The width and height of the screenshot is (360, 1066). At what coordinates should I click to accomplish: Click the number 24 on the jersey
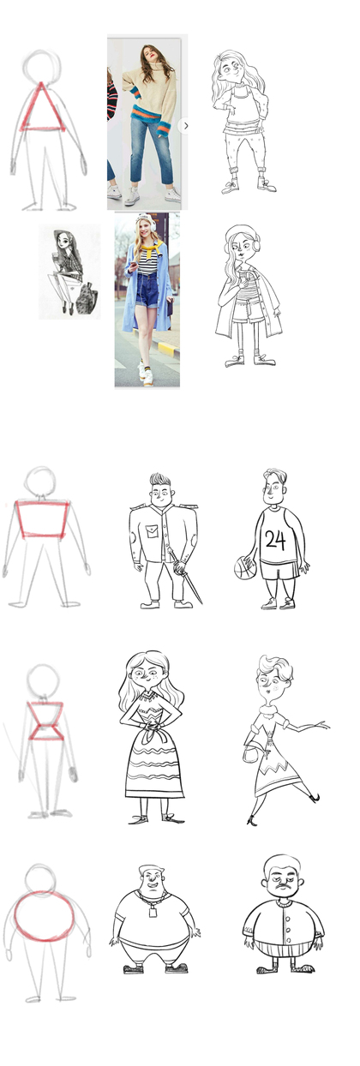pos(275,540)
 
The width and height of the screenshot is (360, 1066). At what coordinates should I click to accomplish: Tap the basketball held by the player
pos(245,568)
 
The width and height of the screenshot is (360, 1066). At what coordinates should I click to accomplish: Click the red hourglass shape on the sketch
pos(45,721)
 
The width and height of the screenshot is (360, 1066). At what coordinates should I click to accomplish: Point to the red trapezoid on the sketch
pos(42,519)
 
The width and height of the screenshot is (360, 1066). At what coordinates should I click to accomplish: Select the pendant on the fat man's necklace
pos(153,911)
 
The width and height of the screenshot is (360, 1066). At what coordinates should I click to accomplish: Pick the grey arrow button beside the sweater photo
pos(185,126)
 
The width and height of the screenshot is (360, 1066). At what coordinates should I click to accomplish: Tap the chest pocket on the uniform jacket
pos(153,530)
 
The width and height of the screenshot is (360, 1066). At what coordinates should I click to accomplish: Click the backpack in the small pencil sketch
pos(88,298)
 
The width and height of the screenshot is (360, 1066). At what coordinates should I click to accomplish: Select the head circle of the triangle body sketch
pos(42,67)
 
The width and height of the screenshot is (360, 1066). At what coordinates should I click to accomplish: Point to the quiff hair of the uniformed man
pos(160,480)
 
